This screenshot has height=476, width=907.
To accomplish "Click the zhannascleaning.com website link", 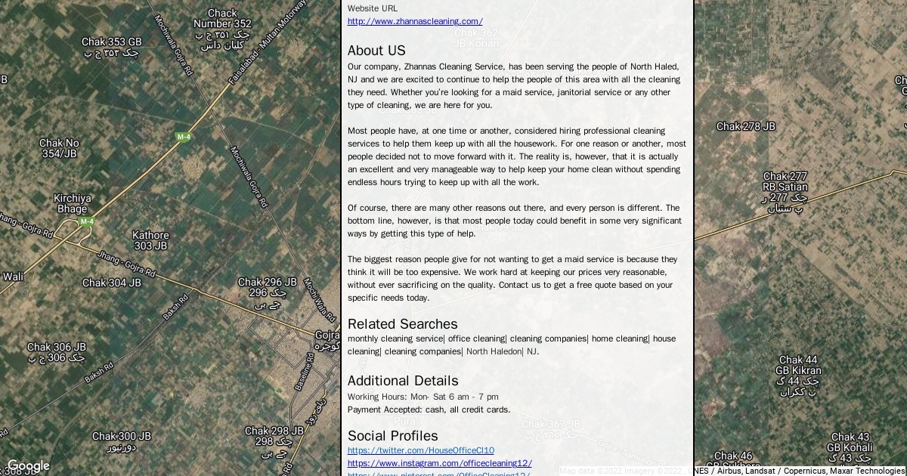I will (x=415, y=21).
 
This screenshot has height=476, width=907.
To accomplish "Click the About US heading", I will (x=376, y=51).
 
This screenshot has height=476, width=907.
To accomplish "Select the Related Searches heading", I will (x=402, y=324).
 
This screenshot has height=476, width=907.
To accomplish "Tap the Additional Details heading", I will (x=403, y=381).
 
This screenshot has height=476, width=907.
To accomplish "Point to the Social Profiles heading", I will (x=392, y=436).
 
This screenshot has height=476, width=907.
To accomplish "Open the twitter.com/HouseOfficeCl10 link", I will (x=420, y=450).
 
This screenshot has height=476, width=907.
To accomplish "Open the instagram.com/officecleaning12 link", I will (x=439, y=463).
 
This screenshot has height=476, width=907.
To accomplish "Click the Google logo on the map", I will (x=28, y=466).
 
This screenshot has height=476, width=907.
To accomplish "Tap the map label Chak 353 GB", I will (x=112, y=42).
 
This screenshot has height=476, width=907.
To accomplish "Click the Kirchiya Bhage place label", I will (x=73, y=204).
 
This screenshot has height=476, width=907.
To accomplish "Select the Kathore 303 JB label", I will (x=150, y=240).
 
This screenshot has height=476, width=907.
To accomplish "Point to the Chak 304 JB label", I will (x=112, y=283).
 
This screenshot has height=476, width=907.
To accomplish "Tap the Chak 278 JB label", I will (x=745, y=127).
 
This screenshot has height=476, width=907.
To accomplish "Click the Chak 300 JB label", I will (x=122, y=437).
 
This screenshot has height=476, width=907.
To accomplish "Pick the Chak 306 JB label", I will (x=57, y=348).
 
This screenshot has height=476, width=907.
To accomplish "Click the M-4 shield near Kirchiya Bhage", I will (x=87, y=222).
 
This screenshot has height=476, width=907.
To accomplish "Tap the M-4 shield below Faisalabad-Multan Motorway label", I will (x=183, y=137).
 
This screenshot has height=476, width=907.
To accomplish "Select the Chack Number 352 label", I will (x=222, y=19).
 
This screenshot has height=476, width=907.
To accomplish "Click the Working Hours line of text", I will (x=423, y=397).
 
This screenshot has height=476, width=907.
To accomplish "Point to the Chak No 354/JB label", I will (x=59, y=148).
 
